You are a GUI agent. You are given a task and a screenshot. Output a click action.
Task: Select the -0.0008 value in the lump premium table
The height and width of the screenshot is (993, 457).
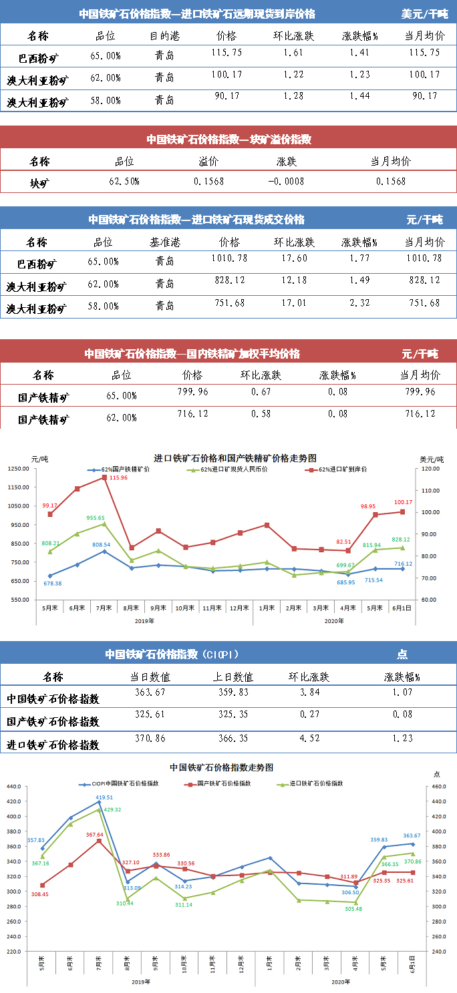pyautogui.click(x=287, y=181)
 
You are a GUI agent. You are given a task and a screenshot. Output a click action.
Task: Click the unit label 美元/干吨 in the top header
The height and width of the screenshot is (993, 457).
pyautogui.click(x=425, y=13)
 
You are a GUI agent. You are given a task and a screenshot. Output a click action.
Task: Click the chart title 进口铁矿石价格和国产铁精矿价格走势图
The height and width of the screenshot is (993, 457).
pyautogui.click(x=235, y=458)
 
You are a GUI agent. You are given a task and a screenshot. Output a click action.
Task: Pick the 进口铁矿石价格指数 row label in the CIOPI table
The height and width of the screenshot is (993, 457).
pyautogui.click(x=53, y=745)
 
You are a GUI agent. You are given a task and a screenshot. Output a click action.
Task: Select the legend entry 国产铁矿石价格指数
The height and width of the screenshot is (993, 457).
pyautogui.click(x=225, y=783)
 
